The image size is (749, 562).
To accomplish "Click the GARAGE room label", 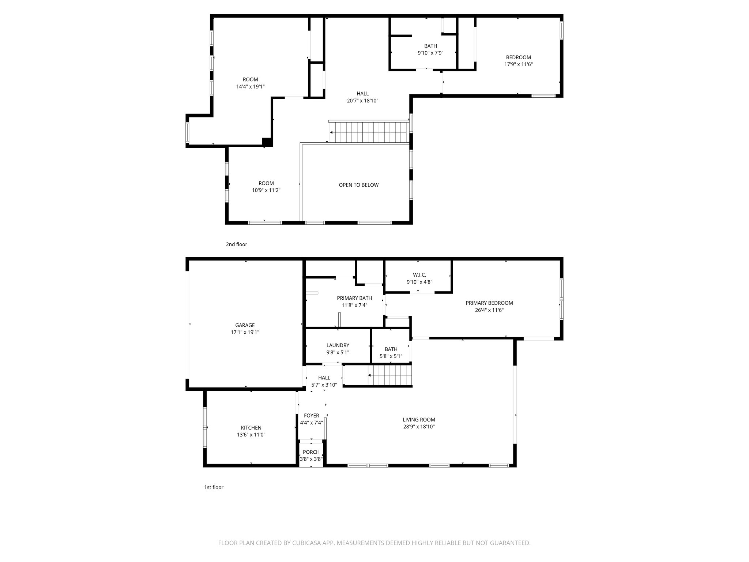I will pos(245,325).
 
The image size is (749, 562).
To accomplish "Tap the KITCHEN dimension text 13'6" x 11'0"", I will pos(251,435).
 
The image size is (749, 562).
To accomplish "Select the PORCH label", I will pos(311,452).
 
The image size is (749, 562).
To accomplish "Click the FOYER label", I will pos(311,415).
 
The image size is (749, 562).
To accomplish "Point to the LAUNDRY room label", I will pos(338,345).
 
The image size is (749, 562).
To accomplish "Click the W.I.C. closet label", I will pos(419,275).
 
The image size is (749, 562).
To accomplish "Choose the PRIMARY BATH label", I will pos(354,298).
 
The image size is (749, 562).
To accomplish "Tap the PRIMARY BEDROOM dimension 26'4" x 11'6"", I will pos(489,310).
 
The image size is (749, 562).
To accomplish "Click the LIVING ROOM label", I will pos(419,420).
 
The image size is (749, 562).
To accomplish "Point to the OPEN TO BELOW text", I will pos(358,185).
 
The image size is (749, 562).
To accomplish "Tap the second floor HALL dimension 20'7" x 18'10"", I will pos(362,101).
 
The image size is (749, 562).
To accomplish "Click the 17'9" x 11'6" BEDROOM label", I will pos(518,57).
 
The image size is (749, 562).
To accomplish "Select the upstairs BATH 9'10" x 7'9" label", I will pos(430,46).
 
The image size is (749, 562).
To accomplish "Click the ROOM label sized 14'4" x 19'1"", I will pos(250,79).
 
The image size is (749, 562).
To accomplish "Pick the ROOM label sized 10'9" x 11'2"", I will pos(266,183).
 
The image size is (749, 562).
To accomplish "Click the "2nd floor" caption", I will pos(236,244).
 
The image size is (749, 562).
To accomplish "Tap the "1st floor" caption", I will pos(214,487).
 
